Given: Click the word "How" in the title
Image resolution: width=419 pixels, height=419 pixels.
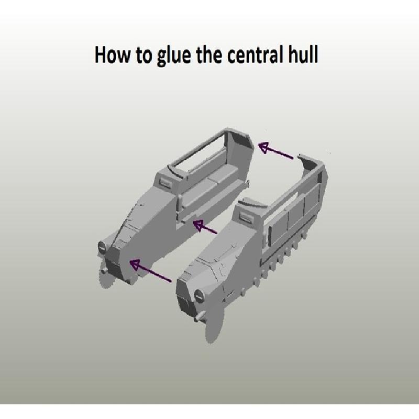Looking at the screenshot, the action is (x=113, y=54).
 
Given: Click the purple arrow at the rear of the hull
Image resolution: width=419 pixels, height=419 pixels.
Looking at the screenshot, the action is (x=275, y=150).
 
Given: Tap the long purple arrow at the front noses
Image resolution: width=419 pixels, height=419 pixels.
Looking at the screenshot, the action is (x=150, y=270).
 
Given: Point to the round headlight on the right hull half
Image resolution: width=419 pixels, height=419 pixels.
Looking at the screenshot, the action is (x=199, y=295).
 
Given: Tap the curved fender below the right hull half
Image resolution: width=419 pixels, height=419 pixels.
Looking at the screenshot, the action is (x=214, y=323).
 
